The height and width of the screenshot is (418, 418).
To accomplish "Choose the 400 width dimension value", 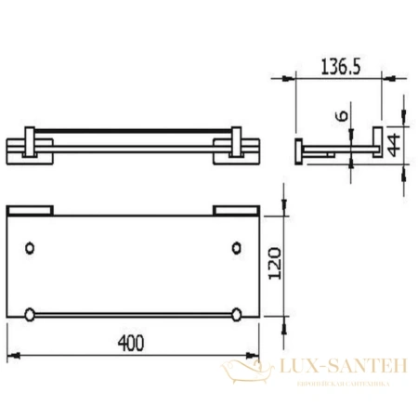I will tap(131, 343).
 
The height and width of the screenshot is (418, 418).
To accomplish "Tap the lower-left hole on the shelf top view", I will tap(32, 312).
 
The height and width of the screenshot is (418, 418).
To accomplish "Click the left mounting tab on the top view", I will tap(30, 209).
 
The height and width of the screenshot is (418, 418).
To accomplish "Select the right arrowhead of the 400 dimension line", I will tap(255, 357).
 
